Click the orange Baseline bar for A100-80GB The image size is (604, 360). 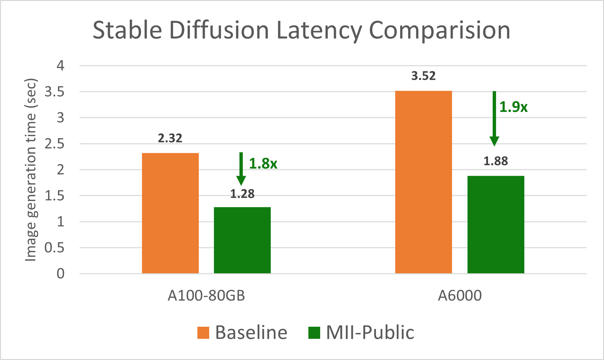170,213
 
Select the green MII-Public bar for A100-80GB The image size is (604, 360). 242,240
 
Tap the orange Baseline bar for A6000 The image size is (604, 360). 423,182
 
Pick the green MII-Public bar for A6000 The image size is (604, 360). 496,225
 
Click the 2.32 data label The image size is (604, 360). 170,138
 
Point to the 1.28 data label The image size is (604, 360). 242,194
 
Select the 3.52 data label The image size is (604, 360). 423,76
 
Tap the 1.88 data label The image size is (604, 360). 496,161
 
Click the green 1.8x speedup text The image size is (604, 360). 263,164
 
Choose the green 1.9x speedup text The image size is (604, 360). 513,107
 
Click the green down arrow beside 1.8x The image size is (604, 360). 241,168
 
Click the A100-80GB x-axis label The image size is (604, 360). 206,296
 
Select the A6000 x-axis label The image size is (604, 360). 460,296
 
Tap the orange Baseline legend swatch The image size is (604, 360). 203,333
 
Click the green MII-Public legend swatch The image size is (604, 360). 314,333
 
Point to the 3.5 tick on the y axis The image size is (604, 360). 54,92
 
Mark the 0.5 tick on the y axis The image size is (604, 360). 54,248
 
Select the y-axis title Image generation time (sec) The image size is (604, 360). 31,170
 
